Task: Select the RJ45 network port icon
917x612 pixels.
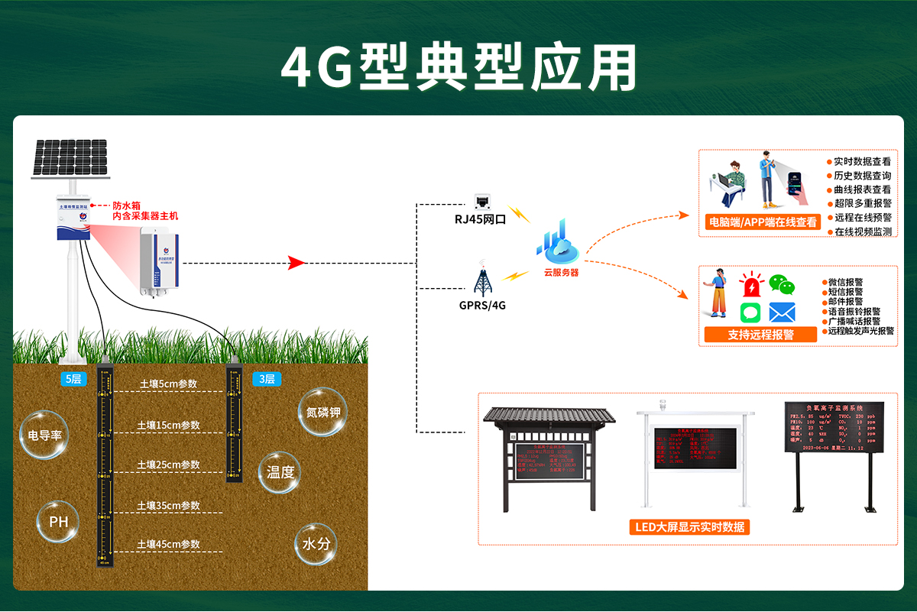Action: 482,202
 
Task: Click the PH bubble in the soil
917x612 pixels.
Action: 59,523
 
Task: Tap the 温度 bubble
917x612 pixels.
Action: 280,472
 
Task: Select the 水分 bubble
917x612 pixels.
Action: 316,544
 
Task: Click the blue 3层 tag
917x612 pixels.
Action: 264,379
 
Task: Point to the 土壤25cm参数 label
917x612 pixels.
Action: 168,465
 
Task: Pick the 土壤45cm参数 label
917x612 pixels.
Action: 168,544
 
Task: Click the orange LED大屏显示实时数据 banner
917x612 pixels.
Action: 691,527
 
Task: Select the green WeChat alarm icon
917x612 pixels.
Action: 782,285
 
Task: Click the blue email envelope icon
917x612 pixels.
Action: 782,312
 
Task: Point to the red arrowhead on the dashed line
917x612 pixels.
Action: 296,264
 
